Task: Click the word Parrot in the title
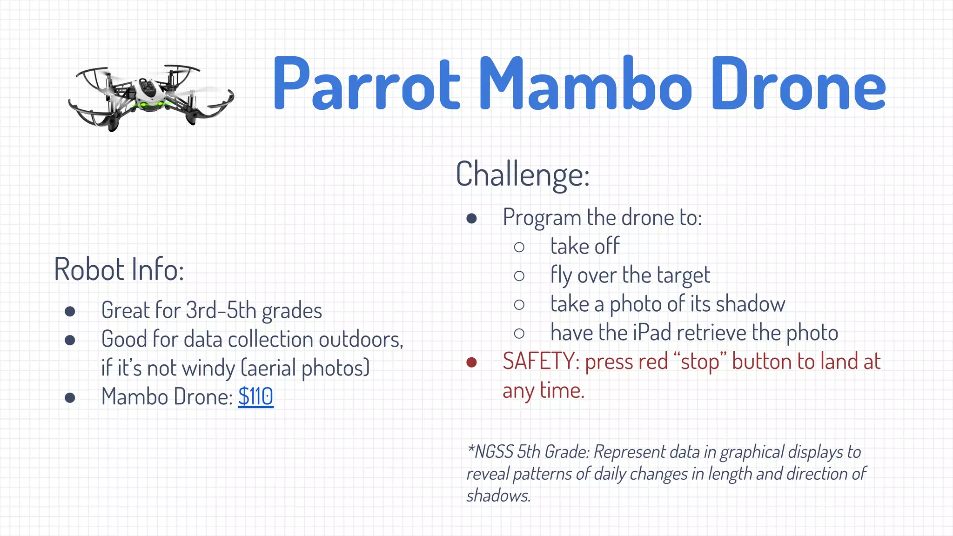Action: click(366, 85)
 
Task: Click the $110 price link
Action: click(255, 397)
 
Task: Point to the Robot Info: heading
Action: click(119, 269)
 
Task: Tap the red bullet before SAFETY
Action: click(471, 362)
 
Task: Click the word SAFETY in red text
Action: click(538, 362)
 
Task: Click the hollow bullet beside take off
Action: click(519, 247)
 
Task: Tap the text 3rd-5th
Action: click(221, 310)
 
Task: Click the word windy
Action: click(208, 368)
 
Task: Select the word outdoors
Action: click(361, 339)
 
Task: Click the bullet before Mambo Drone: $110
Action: click(70, 397)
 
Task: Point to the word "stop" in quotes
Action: click(700, 362)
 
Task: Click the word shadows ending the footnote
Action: click(498, 496)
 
